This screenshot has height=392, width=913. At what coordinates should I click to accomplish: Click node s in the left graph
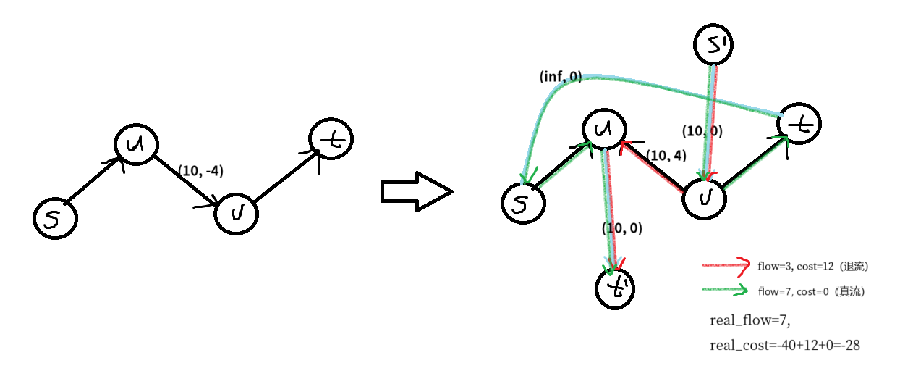coord(55,218)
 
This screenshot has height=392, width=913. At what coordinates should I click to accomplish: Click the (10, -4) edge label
coord(200,171)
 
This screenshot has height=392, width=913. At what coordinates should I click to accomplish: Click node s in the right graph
coord(522,201)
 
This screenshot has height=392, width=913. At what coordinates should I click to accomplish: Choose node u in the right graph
coord(605,130)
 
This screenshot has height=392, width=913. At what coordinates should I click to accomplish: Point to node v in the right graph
coord(705,195)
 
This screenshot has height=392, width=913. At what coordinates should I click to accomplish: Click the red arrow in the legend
coord(726,266)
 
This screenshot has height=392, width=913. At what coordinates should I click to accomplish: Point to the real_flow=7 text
coord(744,320)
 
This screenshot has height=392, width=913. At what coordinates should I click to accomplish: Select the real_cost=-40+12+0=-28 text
coord(784,346)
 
